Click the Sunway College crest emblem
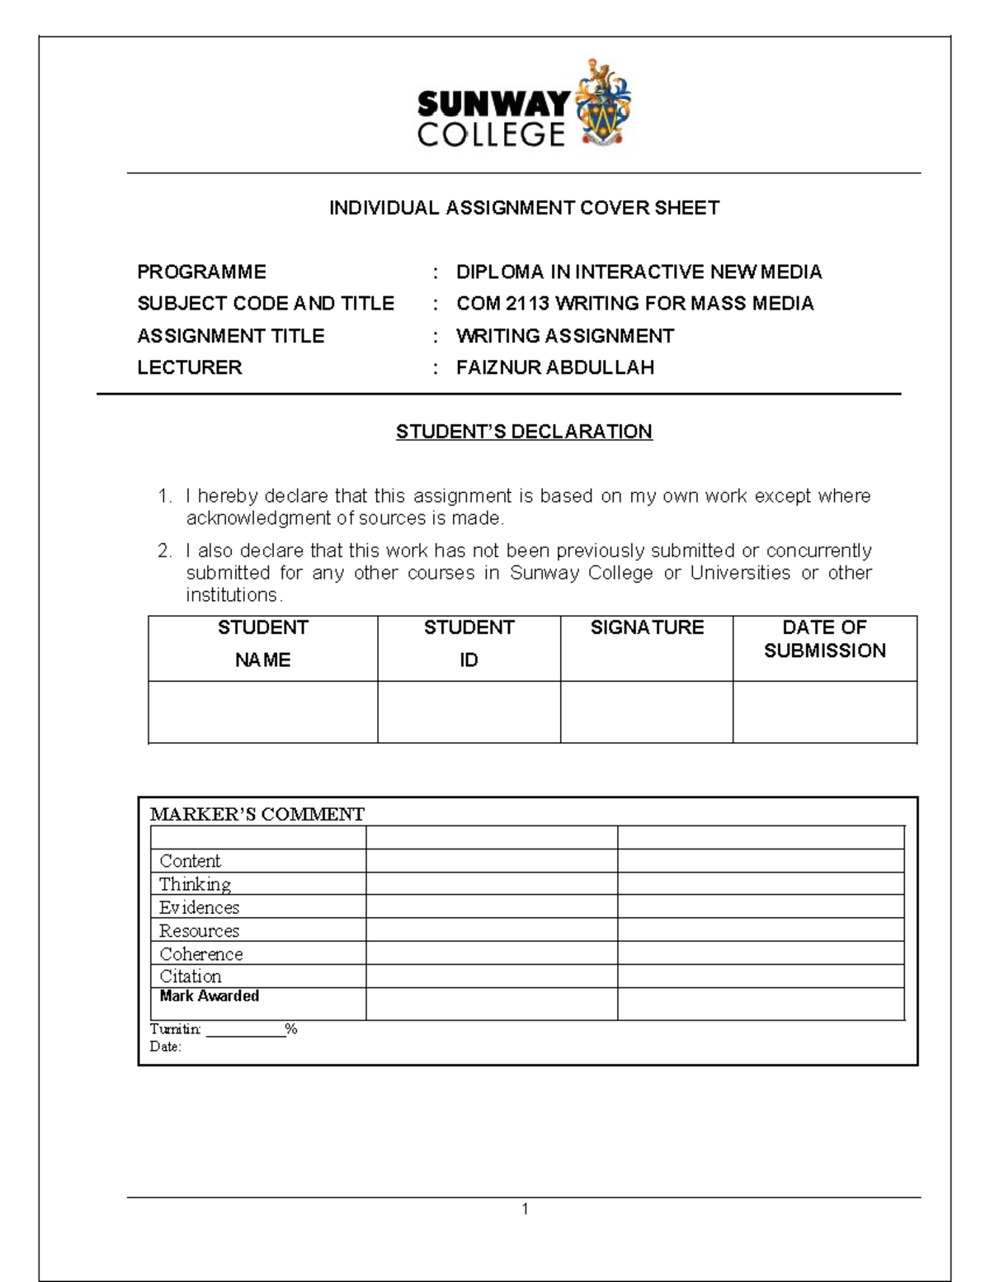(x=602, y=104)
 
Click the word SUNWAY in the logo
(x=493, y=105)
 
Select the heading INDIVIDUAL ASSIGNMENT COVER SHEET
(x=524, y=208)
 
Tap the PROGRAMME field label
(x=201, y=272)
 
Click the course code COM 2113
(x=502, y=304)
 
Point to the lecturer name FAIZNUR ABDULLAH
(x=554, y=367)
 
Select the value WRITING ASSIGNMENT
(x=564, y=336)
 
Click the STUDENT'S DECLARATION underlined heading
(x=524, y=432)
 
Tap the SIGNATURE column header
(x=647, y=627)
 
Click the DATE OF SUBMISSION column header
(x=824, y=639)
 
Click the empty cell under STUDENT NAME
(x=262, y=712)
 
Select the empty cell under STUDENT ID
(x=469, y=712)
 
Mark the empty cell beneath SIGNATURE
(x=647, y=712)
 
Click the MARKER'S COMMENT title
(x=257, y=815)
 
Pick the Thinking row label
(x=195, y=884)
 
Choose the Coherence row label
(x=200, y=953)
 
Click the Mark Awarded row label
(x=209, y=996)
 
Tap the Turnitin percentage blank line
(x=245, y=1029)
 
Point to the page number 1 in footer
(x=525, y=1209)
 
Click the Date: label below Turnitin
(x=165, y=1047)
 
